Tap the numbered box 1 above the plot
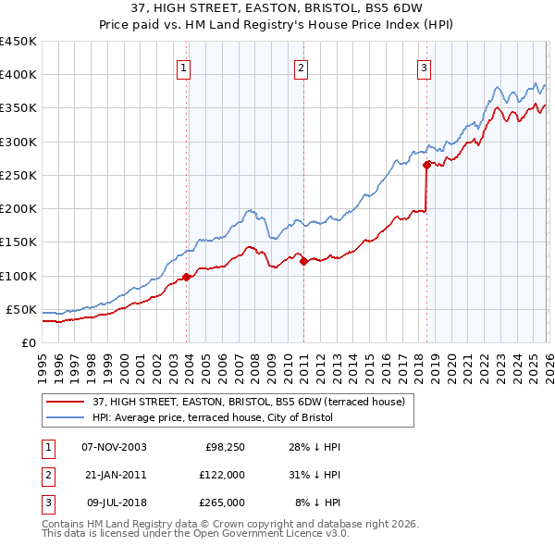(184, 67)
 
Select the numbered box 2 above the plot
(302, 67)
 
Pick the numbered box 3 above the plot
(424, 67)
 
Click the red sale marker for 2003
(187, 277)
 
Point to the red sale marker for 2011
(304, 261)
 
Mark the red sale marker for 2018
(426, 166)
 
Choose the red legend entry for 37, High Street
(248, 402)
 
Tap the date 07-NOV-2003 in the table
(114, 447)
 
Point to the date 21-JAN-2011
(114, 475)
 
